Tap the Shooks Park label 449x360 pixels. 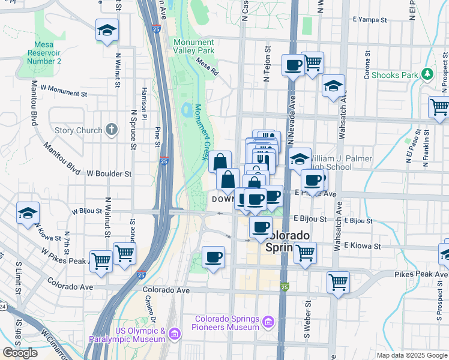pyautogui.click(x=394, y=75)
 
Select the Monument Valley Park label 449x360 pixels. pyautogui.click(x=194, y=47)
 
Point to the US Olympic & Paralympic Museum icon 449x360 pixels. pyautogui.click(x=175, y=333)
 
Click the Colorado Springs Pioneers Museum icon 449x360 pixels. pyautogui.click(x=268, y=323)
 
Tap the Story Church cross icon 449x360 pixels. pyautogui.click(x=111, y=130)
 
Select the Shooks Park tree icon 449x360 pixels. pyautogui.click(x=427, y=74)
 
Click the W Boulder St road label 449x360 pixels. pyautogui.click(x=109, y=173)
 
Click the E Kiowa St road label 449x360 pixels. pyautogui.click(x=362, y=246)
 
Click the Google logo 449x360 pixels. pyautogui.click(x=20, y=353)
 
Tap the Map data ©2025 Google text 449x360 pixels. pyautogui.click(x=412, y=355)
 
